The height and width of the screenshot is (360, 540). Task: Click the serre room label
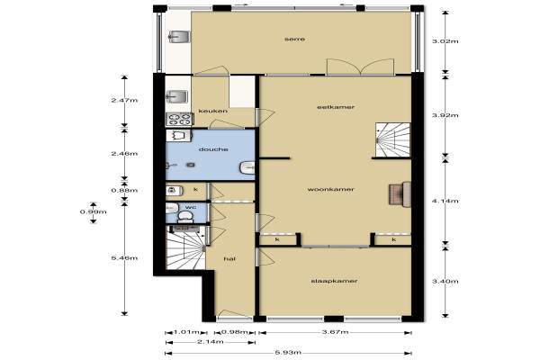[x=295, y=40]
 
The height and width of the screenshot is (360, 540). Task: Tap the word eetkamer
[x=336, y=107]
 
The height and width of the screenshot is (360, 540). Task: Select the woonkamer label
[x=330, y=190]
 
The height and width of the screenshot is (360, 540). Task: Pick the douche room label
[x=213, y=149]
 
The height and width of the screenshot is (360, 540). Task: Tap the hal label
[x=229, y=258]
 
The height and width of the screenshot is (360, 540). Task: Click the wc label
[x=191, y=207]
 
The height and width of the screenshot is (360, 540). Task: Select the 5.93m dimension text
[x=288, y=353]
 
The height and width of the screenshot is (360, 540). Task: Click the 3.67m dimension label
[x=335, y=332]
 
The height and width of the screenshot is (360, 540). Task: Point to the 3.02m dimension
[x=445, y=41]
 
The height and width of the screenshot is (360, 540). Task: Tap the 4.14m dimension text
[x=445, y=201]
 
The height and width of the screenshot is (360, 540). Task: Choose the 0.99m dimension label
[x=93, y=211]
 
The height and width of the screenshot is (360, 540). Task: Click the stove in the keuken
[x=180, y=119]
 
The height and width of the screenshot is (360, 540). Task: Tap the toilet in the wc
[x=185, y=216]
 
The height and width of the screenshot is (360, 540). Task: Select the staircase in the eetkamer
[x=393, y=139]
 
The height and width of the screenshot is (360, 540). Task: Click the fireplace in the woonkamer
[x=400, y=194]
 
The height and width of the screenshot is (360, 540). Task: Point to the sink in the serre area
[x=179, y=37]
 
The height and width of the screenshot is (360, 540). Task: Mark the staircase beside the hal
[x=186, y=247]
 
